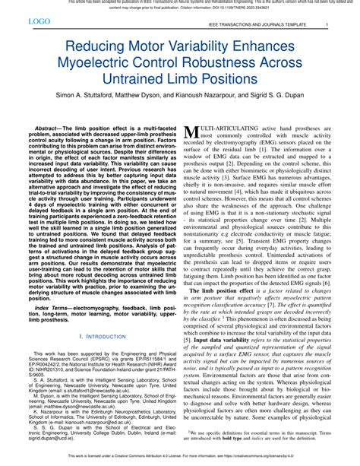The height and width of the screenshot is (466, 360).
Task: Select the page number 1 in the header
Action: coord(327,26)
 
